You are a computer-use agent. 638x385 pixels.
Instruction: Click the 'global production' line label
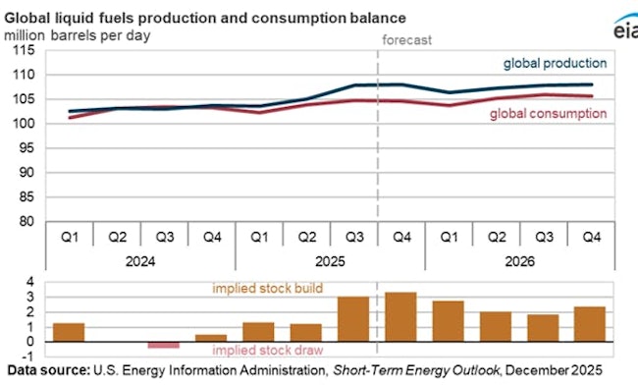555,63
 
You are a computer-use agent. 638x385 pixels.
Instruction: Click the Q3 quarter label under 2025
354,237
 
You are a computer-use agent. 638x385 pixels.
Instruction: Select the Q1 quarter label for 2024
69,237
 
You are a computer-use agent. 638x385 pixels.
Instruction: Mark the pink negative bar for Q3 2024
164,345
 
